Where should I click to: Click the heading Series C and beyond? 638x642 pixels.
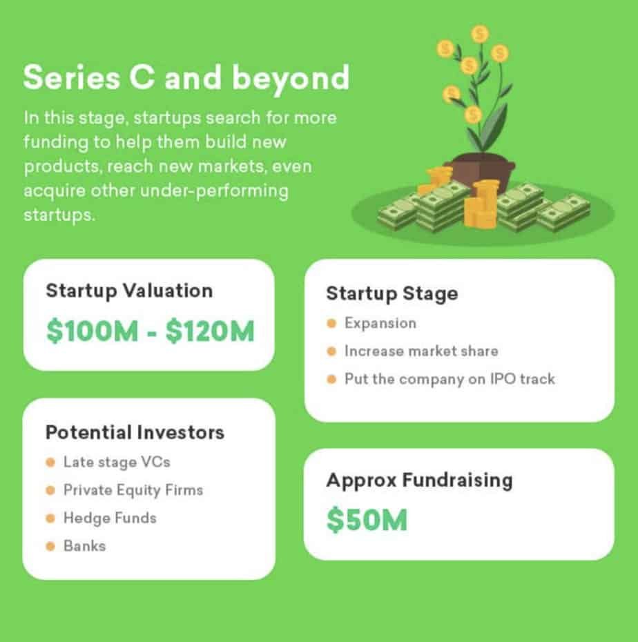[x=186, y=78]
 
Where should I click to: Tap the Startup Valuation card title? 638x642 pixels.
[x=129, y=291]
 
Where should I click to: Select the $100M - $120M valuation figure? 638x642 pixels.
[x=151, y=331]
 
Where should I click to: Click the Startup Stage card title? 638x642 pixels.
[x=392, y=294]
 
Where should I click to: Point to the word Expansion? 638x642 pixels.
[x=380, y=324]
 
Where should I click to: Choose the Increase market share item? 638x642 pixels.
[x=421, y=351]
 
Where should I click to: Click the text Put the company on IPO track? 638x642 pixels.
[x=449, y=379]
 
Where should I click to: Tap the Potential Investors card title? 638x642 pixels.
[x=135, y=432]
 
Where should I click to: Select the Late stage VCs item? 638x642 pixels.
[x=117, y=463]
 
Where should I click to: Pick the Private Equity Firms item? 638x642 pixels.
[x=133, y=490]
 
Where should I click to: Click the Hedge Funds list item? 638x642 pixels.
[x=110, y=518]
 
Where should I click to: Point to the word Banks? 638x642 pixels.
[x=85, y=546]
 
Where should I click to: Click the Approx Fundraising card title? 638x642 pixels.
[x=419, y=480]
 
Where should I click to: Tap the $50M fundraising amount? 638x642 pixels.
[x=367, y=520]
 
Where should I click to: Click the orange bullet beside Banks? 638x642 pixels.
[x=50, y=546]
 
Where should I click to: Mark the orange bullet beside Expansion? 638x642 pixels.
[x=331, y=324]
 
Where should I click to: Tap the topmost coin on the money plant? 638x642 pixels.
[x=479, y=34]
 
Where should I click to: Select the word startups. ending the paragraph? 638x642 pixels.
[x=59, y=215]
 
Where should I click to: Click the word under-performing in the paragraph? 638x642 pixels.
[x=214, y=191]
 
